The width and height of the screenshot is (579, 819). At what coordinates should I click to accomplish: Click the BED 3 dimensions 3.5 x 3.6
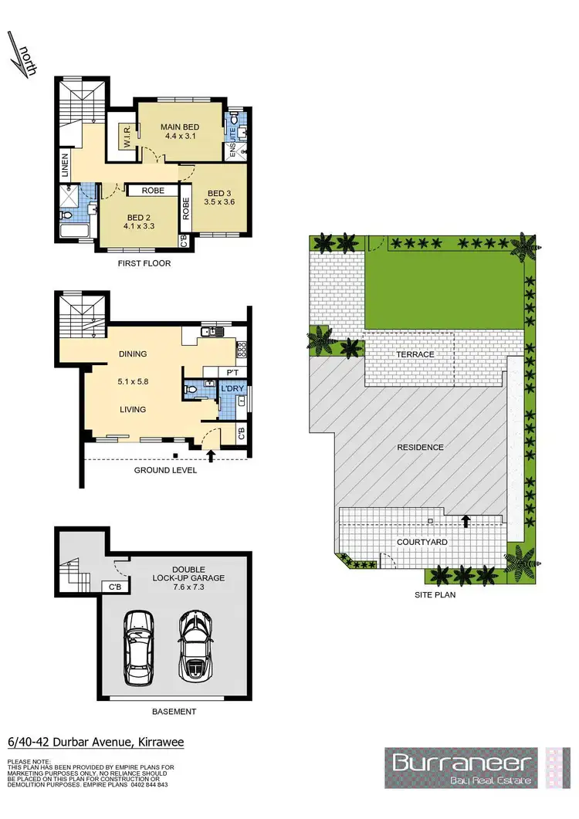[218, 202]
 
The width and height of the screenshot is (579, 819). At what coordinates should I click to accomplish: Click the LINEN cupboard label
[66, 164]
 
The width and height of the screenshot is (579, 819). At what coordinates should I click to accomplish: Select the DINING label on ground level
[133, 354]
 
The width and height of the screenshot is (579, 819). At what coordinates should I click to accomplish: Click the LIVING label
[133, 410]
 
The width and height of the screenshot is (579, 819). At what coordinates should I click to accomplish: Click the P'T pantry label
[230, 372]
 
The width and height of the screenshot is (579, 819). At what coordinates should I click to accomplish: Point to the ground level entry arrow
[212, 461]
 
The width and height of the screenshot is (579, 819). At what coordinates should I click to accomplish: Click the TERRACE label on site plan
[415, 355]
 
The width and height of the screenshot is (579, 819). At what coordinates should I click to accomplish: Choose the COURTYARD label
[421, 542]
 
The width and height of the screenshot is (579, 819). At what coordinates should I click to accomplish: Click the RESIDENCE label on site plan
[421, 448]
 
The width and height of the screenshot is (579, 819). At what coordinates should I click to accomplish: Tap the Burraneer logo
[463, 766]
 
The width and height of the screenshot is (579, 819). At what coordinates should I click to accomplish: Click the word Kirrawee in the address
[161, 743]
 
